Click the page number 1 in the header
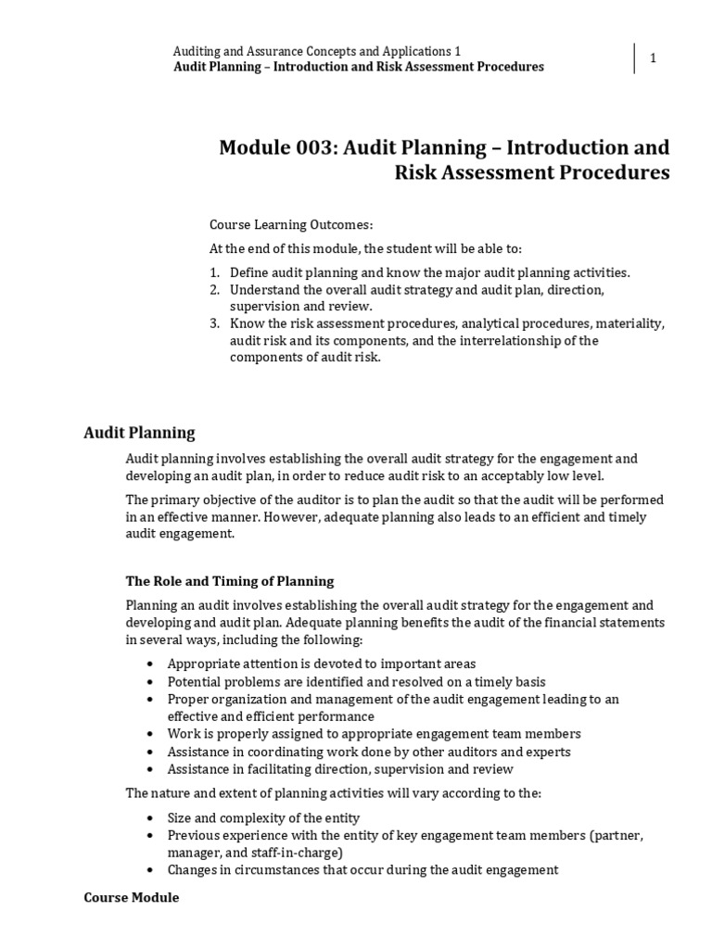[653, 58]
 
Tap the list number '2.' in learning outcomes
[214, 290]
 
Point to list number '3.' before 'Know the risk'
[214, 323]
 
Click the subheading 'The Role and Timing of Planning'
[229, 581]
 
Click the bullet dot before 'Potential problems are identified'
[152, 681]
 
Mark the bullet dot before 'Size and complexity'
[152, 818]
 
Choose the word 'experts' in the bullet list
[547, 752]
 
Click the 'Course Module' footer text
[131, 898]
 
